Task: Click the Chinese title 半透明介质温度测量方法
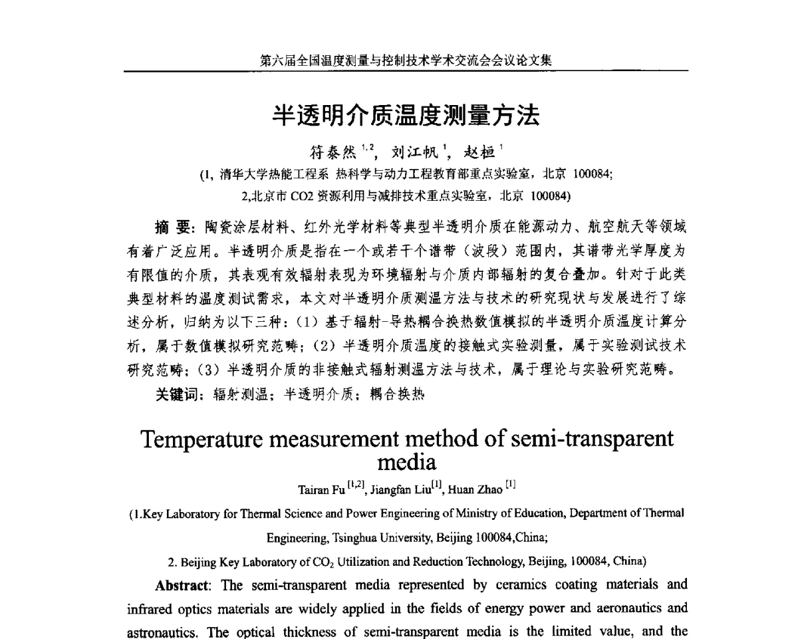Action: (406, 116)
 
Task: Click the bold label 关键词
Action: (176, 394)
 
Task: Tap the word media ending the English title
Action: (406, 461)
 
